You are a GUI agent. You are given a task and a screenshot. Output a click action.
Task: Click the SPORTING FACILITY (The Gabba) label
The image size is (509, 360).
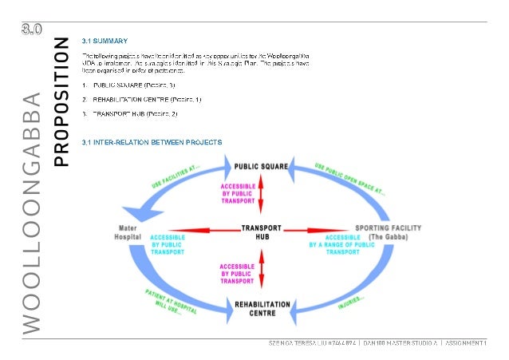tap(390, 233)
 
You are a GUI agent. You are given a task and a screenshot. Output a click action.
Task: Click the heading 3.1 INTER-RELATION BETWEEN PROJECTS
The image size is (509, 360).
tap(152, 142)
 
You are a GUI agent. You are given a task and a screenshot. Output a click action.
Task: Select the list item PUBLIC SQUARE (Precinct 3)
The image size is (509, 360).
tap(134, 84)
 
